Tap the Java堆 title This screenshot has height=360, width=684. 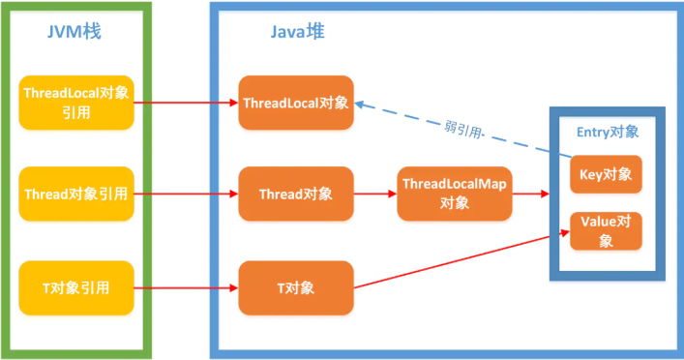click(297, 31)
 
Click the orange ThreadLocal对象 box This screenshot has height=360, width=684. click(296, 102)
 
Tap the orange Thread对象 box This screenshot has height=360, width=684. click(296, 194)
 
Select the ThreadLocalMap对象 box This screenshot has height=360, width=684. click(454, 194)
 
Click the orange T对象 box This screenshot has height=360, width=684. click(296, 288)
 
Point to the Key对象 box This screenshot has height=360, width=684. click(606, 174)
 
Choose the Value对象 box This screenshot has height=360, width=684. click(606, 230)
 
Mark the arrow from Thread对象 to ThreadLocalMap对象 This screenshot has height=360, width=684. click(375, 194)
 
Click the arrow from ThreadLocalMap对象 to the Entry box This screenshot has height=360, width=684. click(530, 194)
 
